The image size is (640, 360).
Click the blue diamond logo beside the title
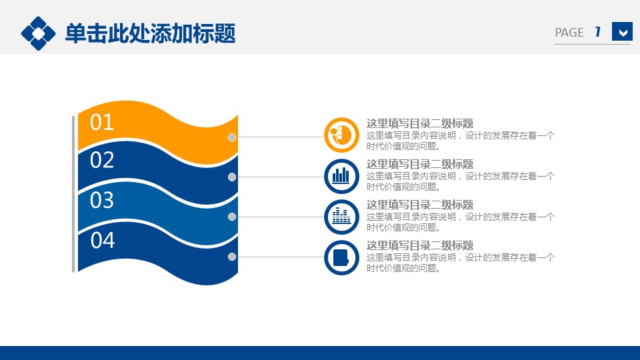(x=38, y=33)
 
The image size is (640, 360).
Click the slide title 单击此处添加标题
(x=150, y=33)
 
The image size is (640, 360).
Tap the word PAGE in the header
(x=569, y=33)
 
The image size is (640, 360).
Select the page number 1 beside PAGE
(x=598, y=32)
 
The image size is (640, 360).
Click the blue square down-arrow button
(x=622, y=31)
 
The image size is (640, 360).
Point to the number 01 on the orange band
(x=101, y=123)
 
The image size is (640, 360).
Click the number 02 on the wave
(x=101, y=161)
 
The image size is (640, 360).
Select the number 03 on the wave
(x=101, y=201)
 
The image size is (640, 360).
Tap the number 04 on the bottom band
(x=103, y=241)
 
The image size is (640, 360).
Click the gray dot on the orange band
(x=232, y=137)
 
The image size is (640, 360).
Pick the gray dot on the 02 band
(x=232, y=177)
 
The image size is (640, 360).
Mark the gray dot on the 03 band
(x=232, y=217)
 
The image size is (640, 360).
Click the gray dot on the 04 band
(x=232, y=257)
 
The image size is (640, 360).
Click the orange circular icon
(x=341, y=135)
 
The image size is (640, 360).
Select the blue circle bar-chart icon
(x=341, y=176)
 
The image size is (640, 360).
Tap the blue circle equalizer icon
(x=341, y=217)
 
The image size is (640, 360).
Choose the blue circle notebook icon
(x=341, y=257)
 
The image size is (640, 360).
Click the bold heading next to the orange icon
(x=420, y=123)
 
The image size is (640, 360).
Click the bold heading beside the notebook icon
(x=420, y=245)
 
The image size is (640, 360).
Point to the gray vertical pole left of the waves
(x=73, y=194)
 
